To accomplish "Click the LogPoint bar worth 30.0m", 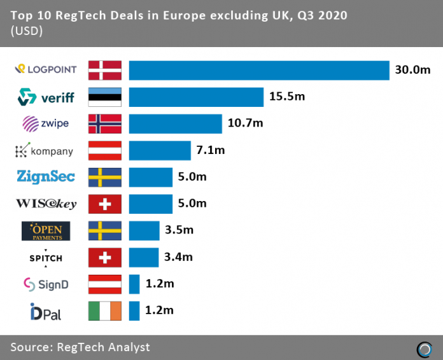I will click(x=259, y=70).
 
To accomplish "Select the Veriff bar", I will click(x=196, y=97).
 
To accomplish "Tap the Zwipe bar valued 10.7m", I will click(x=175, y=123).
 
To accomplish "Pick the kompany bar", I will click(x=160, y=151).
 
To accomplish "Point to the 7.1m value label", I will click(x=211, y=151).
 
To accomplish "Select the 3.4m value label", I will click(x=178, y=257).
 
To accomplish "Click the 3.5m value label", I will click(x=179, y=230).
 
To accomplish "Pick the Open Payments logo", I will click(x=45, y=230).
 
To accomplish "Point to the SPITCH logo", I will click(x=46, y=257).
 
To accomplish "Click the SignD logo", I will click(x=46, y=284).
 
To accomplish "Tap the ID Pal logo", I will click(x=46, y=312).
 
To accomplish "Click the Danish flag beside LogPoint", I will click(x=104, y=70).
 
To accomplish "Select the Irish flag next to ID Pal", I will click(x=104, y=311).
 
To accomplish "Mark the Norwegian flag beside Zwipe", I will click(x=104, y=123).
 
